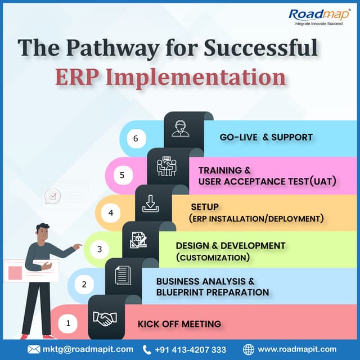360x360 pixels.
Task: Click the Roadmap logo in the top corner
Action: click(318, 17)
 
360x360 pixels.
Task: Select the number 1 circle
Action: click(68, 323)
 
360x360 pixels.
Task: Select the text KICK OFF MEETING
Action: click(179, 324)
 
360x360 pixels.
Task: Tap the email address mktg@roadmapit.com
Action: click(88, 349)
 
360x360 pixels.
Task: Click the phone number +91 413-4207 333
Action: click(191, 349)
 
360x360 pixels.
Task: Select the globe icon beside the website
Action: click(249, 349)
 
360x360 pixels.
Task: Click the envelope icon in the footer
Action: click(34, 349)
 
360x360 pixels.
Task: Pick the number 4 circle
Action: click(111, 213)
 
